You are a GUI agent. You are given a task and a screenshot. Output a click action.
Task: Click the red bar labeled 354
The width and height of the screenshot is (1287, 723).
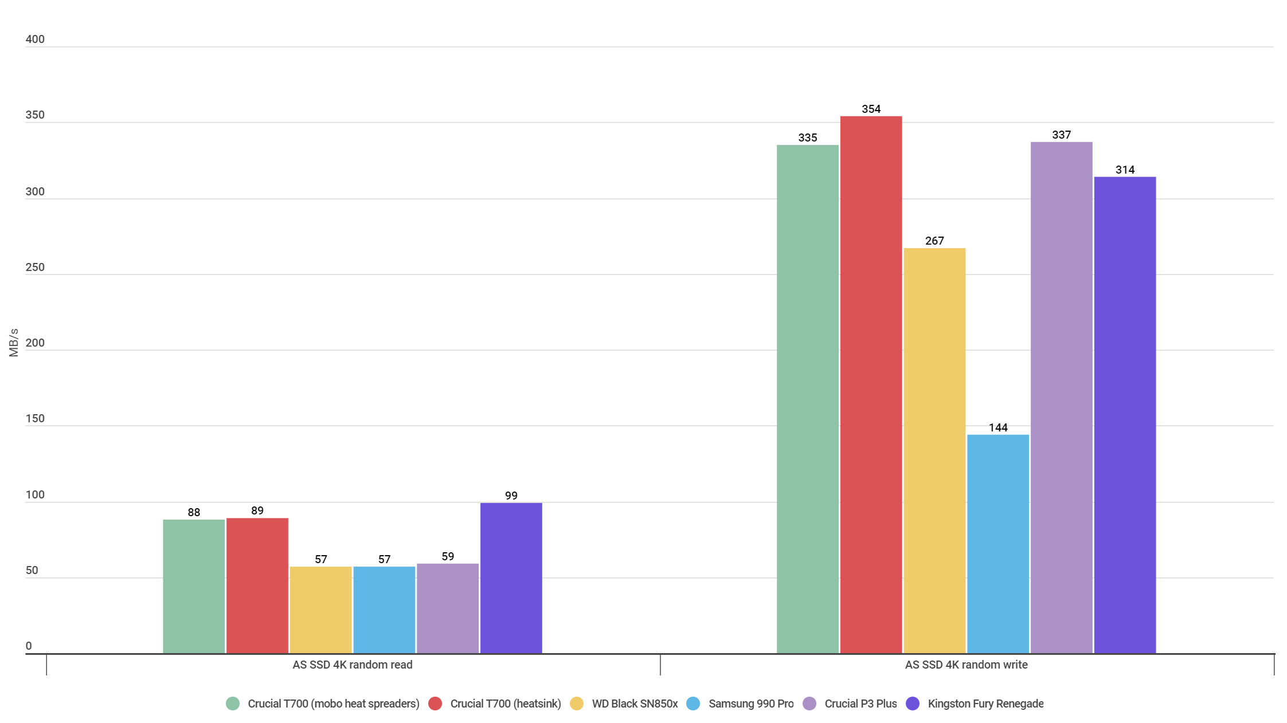pyautogui.click(x=871, y=384)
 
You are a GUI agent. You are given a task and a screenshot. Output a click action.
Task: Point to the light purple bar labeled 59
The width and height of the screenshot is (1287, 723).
pyautogui.click(x=447, y=608)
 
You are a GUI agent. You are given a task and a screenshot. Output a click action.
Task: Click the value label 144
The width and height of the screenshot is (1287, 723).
pyautogui.click(x=997, y=427)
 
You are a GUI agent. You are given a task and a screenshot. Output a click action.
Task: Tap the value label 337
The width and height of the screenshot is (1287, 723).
pyautogui.click(x=1061, y=135)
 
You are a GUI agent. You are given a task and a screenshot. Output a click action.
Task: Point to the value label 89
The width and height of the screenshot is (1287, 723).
pyautogui.click(x=257, y=510)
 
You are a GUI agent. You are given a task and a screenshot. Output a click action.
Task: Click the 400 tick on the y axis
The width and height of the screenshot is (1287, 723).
pyautogui.click(x=34, y=39)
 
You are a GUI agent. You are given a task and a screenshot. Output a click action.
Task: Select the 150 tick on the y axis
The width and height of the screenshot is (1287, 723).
pyautogui.click(x=34, y=418)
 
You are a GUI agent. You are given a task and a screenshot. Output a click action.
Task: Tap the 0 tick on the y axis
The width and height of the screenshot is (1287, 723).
pyautogui.click(x=29, y=646)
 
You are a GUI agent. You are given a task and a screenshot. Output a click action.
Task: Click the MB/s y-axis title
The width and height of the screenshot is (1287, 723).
pyautogui.click(x=14, y=343)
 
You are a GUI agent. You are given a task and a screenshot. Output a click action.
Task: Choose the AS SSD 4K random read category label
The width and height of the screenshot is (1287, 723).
pyautogui.click(x=352, y=665)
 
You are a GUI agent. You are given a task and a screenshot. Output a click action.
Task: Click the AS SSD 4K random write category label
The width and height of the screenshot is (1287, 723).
pyautogui.click(x=966, y=665)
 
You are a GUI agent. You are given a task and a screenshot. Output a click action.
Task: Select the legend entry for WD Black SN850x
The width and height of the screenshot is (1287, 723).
pyautogui.click(x=634, y=704)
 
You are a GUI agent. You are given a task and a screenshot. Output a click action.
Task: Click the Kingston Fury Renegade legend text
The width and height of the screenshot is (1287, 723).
pyautogui.click(x=985, y=704)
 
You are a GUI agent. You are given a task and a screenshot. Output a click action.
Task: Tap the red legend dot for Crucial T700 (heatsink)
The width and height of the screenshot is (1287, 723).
pyautogui.click(x=435, y=704)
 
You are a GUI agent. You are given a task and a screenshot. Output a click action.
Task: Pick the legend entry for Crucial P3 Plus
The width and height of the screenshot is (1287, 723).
pyautogui.click(x=860, y=704)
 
